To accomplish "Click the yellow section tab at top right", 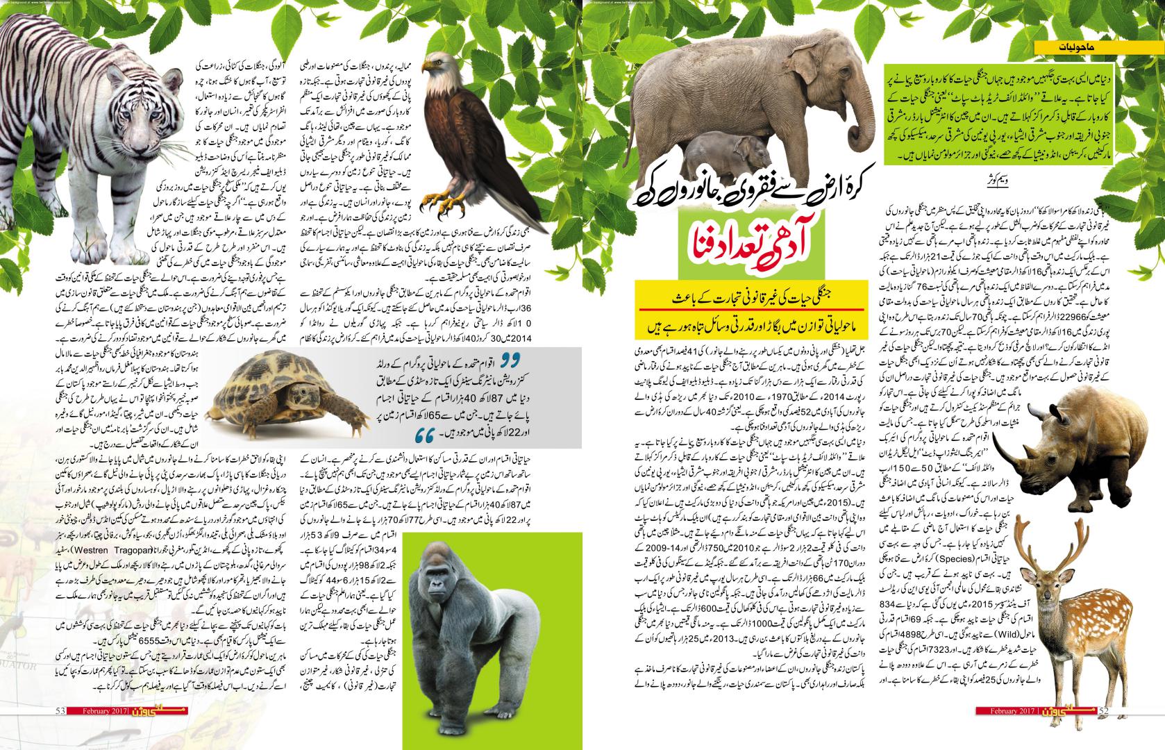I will pyautogui.click(x=1097, y=47).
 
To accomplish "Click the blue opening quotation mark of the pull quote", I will pyautogui.click(x=512, y=359).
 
